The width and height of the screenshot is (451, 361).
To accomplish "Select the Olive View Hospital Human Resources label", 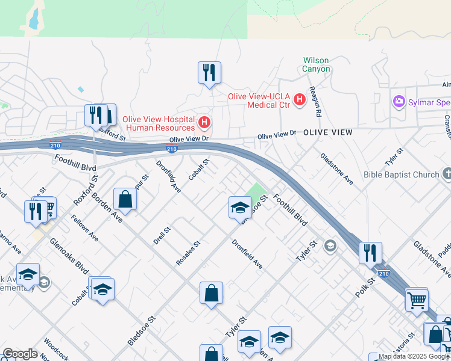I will tap(159, 123).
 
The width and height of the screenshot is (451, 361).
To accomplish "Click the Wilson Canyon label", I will tap(317, 64).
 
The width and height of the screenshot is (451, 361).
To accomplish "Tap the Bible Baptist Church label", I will tap(401, 175).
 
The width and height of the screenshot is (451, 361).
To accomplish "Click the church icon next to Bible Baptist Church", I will tap(447, 174).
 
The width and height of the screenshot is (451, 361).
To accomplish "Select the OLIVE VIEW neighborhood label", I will tap(327, 132).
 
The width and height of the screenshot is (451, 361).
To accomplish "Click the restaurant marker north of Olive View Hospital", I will tap(209, 73).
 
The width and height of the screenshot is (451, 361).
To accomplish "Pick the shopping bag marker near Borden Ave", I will tap(125, 199).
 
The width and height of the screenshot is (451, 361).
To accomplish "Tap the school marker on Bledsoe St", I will tap(240, 208).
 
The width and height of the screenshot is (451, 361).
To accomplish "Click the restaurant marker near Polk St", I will tap(370, 253).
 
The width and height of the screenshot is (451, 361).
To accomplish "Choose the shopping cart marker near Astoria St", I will tap(417, 299).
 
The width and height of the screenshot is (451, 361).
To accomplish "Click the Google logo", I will tap(20, 354).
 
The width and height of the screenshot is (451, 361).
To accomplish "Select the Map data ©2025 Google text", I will tap(413, 357).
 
